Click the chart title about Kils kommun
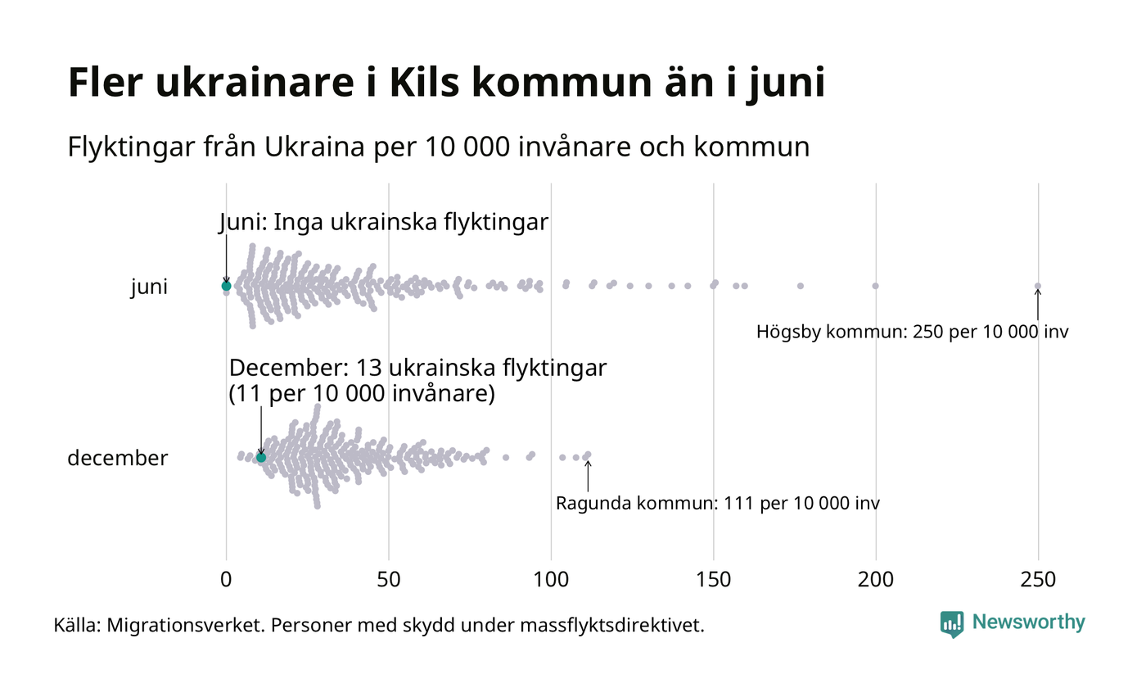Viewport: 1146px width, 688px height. point(446,84)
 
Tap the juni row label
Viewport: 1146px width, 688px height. point(149,287)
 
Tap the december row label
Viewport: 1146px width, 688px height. point(117,458)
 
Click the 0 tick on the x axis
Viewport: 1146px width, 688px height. point(226,580)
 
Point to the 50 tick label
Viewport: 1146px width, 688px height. point(389,580)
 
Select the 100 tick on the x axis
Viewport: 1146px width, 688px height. point(551,580)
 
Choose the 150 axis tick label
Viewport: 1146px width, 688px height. point(714,580)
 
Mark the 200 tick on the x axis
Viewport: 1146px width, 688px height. point(876,580)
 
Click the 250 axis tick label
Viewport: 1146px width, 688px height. point(1038,580)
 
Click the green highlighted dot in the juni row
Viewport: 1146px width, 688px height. point(226,286)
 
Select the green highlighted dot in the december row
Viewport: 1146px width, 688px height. point(261,457)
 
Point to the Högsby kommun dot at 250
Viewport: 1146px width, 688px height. point(1038,286)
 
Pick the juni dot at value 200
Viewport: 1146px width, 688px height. point(876,286)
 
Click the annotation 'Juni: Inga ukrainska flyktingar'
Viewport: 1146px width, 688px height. point(384,222)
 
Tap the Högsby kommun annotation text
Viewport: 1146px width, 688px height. point(912,333)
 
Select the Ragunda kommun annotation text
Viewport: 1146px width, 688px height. point(718,503)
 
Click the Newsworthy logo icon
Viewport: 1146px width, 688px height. point(952,623)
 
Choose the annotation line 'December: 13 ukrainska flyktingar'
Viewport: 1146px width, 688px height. point(417,369)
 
